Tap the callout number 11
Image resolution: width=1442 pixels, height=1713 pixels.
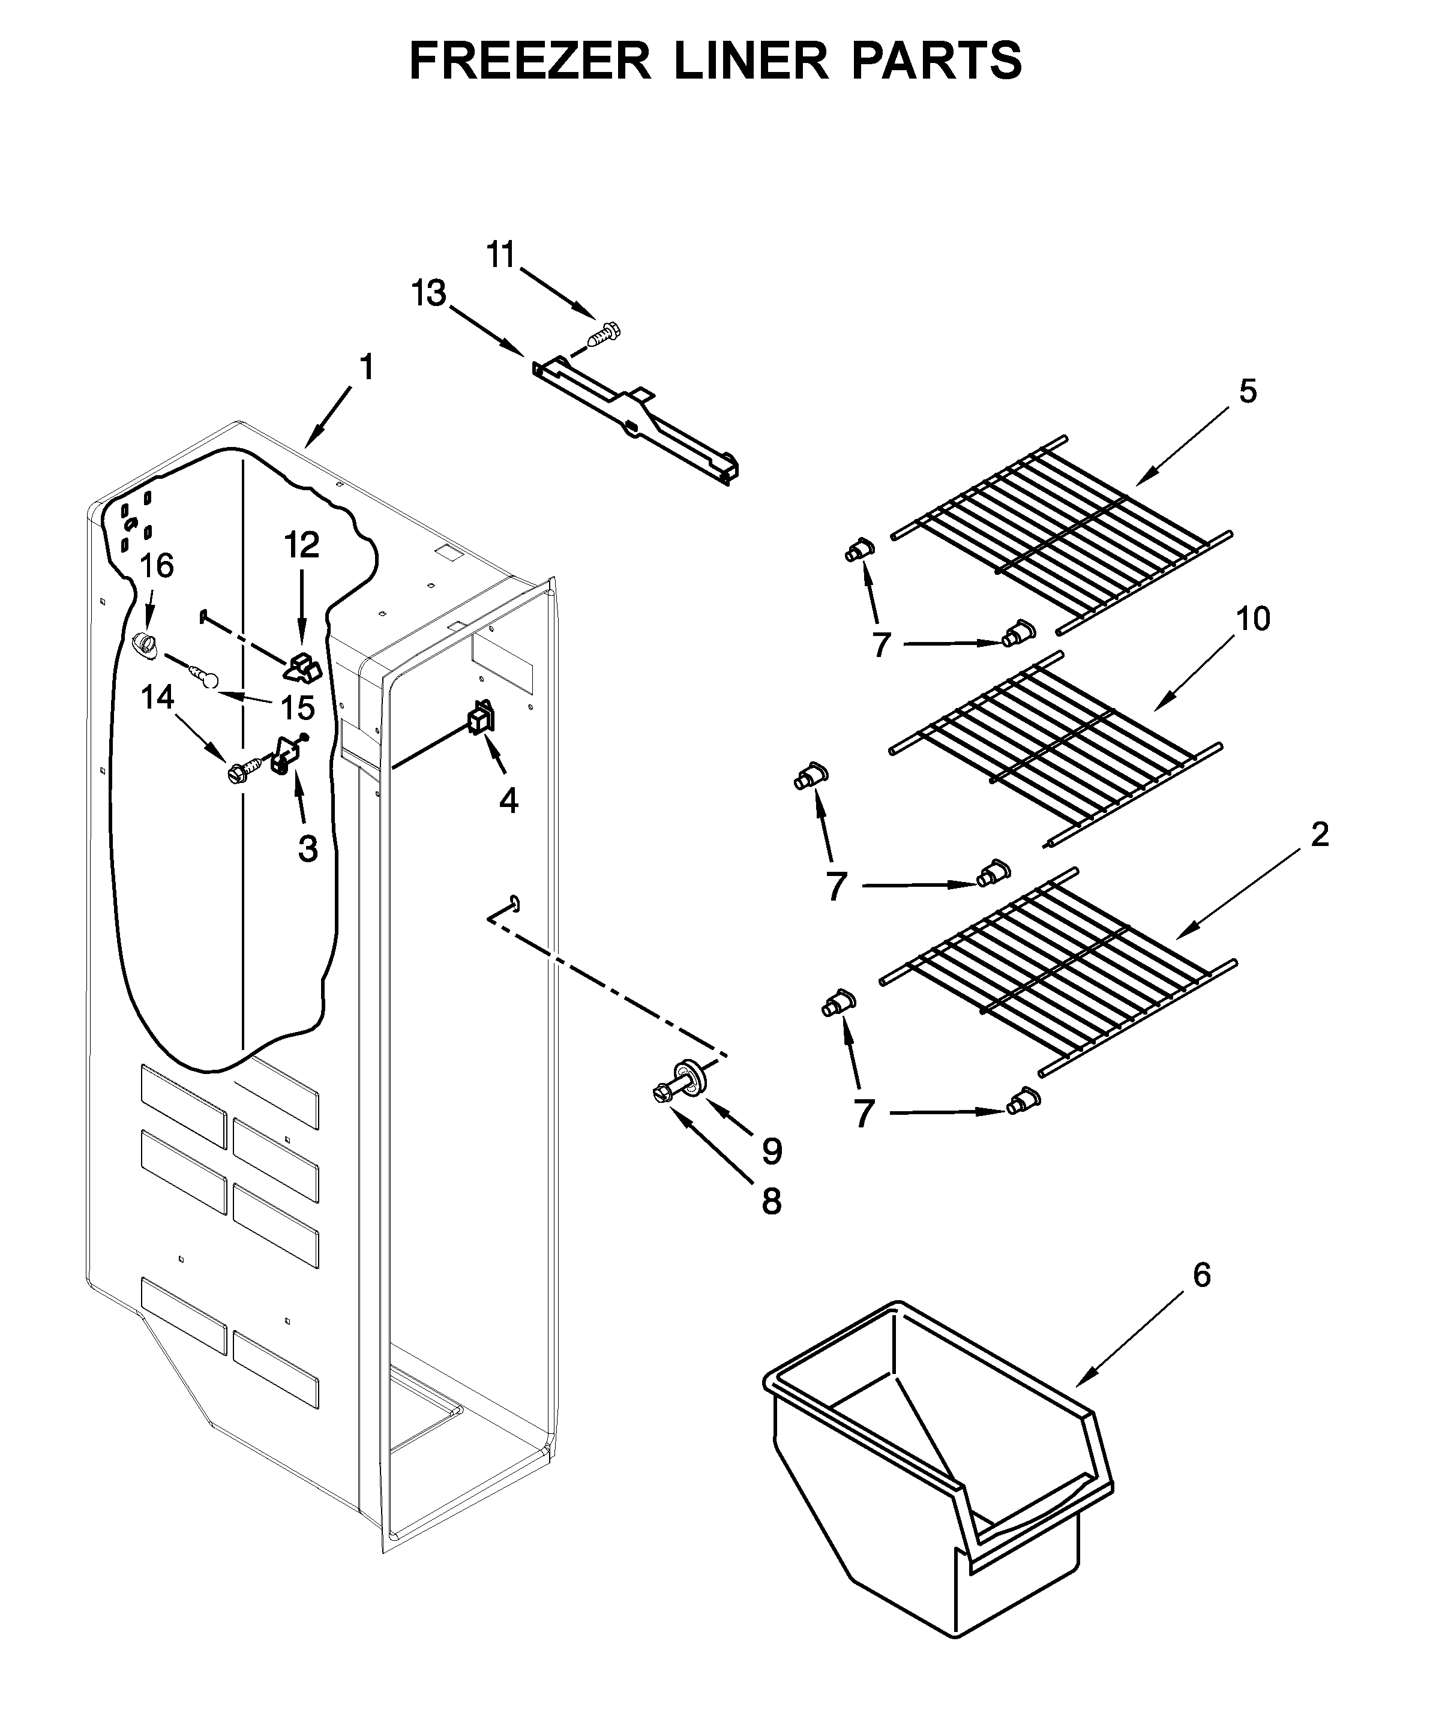click(500, 255)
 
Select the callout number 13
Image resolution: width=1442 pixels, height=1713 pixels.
click(428, 293)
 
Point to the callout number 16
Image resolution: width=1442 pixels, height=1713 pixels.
click(157, 566)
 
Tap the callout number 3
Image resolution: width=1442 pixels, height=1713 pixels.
click(307, 849)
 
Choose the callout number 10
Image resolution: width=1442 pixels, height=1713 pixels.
click(1252, 619)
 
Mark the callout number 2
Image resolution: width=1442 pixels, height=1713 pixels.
click(1320, 835)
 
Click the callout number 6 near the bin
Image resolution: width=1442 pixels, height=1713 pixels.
click(1201, 1275)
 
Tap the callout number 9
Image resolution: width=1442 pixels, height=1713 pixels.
click(772, 1151)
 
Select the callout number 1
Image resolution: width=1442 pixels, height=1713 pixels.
click(367, 367)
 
